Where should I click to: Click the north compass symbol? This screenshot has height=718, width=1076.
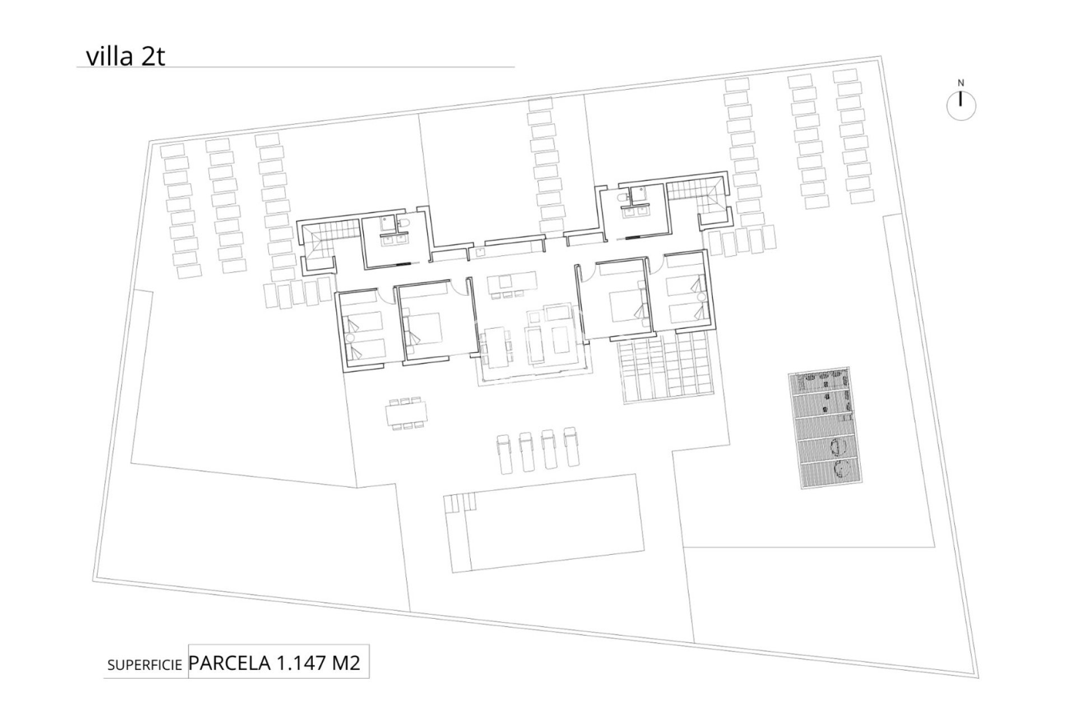[x=961, y=104]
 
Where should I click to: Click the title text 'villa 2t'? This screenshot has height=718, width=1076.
[x=126, y=57]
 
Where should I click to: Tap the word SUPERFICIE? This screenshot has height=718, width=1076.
[x=145, y=665]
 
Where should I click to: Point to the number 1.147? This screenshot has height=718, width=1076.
[x=300, y=663]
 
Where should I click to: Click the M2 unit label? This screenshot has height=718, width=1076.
[x=346, y=663]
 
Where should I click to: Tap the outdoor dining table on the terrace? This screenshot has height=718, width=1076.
[x=406, y=414]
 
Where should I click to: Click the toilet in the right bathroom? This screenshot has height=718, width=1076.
[x=622, y=198]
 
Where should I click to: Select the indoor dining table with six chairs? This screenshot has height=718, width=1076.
[x=495, y=348]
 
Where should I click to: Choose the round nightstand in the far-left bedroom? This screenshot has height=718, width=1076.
[x=350, y=338]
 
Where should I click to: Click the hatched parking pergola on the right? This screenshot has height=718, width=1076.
[x=825, y=430]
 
